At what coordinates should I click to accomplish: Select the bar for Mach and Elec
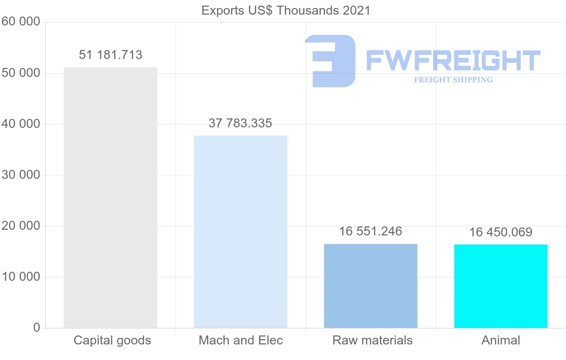(241, 232)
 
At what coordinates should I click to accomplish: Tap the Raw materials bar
(371, 285)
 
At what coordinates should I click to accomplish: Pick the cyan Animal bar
(501, 286)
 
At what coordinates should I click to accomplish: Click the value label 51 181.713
(110, 55)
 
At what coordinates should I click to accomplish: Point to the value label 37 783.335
(241, 124)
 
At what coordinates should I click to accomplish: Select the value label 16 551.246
(371, 231)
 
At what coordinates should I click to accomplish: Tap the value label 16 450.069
(501, 232)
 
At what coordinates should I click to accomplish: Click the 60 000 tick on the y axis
(20, 22)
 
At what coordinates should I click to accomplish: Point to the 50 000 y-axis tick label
(20, 73)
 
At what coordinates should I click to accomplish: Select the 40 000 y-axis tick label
(20, 124)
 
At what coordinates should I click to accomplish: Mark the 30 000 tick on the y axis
(20, 175)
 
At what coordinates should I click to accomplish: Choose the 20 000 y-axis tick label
(20, 226)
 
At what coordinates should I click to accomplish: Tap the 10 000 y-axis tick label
(20, 277)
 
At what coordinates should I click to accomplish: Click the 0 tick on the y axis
(37, 328)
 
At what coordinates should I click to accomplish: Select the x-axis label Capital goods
(112, 341)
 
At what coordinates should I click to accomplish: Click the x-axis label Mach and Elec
(241, 341)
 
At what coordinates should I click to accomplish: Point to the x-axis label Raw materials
(373, 341)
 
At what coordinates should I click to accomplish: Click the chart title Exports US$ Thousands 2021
(286, 10)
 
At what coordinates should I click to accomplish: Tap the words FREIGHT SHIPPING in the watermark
(453, 80)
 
